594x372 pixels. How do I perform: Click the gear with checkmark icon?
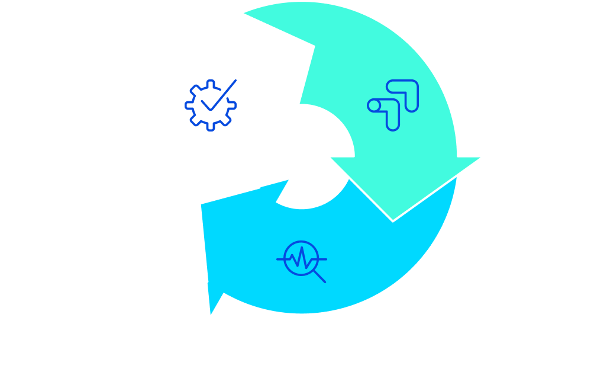211,105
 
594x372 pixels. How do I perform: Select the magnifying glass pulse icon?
302,260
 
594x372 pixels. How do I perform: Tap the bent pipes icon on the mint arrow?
393,105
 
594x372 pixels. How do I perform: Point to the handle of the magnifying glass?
319,275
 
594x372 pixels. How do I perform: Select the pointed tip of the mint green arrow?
393,221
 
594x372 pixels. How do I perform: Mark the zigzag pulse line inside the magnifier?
301,258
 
